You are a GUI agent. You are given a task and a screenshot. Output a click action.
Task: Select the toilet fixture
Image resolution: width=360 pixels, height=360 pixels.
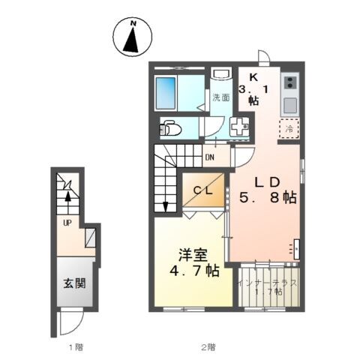coord(171,127)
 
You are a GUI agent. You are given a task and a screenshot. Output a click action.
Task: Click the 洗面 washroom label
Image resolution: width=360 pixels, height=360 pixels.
coord(220,97)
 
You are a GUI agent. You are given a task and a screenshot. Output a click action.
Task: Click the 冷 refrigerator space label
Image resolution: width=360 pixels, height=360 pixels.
coord(289,128)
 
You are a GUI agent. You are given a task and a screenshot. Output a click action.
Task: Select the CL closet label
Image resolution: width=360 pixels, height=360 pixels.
coord(204,190)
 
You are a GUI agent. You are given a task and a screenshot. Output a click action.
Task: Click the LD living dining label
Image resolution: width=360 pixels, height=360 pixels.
coord(267,182)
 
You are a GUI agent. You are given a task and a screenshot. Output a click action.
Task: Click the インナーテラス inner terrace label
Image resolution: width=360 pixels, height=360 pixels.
coord(268,283)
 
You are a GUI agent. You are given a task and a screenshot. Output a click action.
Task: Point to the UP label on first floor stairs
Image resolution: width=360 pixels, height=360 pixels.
coord(66,223)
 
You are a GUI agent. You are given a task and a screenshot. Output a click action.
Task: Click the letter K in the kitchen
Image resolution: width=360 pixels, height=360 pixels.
coord(253,76)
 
